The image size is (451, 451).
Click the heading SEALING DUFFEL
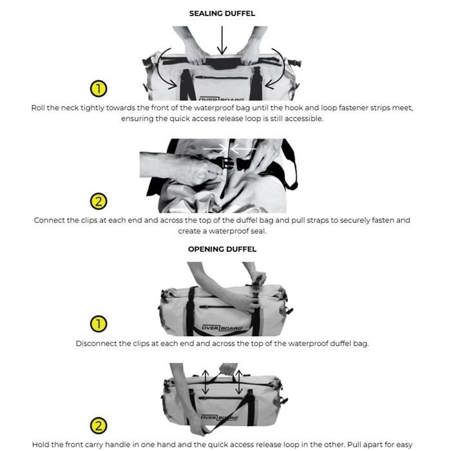point(222,14)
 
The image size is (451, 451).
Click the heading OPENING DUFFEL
point(222,249)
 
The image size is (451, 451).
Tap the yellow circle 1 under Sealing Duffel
point(99,89)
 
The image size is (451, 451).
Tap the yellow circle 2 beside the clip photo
point(99,201)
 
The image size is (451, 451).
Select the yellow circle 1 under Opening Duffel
point(99,324)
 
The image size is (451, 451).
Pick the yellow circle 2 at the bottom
point(99,426)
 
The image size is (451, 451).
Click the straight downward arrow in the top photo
point(222,40)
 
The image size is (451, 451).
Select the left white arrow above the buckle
point(215,149)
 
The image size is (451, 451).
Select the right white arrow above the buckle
point(244,149)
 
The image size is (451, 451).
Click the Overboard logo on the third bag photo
point(222,328)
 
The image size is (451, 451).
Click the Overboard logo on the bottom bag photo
point(219,417)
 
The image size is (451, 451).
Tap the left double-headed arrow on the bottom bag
point(205,382)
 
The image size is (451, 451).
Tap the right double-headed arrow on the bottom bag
point(239,382)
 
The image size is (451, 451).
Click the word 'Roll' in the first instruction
point(37,108)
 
